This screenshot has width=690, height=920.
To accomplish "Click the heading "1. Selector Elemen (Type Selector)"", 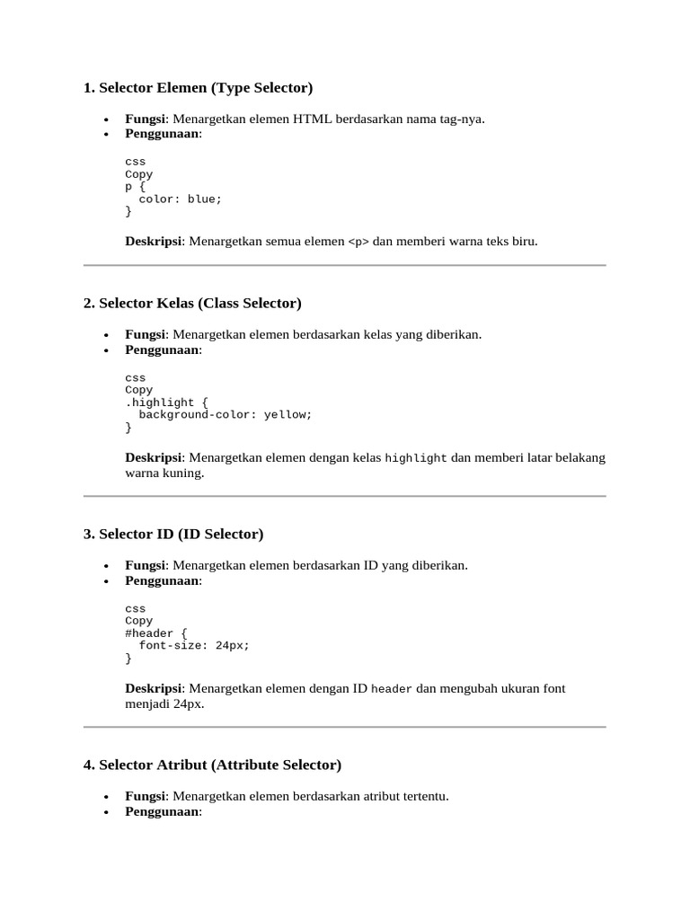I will point(198,88).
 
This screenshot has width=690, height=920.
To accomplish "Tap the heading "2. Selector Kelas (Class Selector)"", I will point(192,304).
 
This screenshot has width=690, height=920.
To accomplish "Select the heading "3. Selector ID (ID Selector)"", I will point(173,535).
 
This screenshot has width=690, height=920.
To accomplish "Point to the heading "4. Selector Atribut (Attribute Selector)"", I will point(212,765).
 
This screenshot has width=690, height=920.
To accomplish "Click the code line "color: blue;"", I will point(180,199).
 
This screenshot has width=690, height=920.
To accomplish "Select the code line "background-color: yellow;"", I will point(225,415).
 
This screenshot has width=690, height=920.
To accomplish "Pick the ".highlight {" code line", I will point(166,402).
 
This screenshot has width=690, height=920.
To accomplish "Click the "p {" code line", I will point(136,187).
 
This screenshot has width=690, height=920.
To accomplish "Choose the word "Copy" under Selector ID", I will point(139,621).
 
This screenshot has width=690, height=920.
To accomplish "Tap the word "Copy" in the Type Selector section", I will point(139,174).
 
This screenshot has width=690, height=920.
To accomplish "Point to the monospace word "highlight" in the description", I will point(416,458).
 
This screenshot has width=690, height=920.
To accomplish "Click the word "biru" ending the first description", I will point(523,242).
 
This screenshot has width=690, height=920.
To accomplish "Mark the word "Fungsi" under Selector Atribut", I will point(145,796).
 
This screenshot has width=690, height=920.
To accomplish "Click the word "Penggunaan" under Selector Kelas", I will point(162,349).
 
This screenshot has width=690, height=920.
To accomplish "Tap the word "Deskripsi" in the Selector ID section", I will point(153,689).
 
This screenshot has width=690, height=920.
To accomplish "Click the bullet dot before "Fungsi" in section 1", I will point(106,119).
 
